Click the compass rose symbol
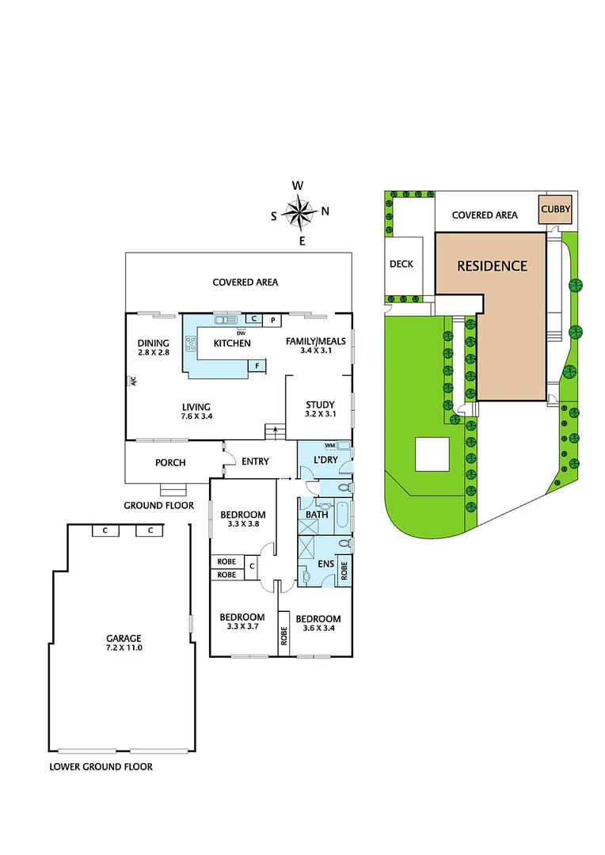pyautogui.click(x=300, y=212)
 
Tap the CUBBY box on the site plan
pyautogui.click(x=555, y=210)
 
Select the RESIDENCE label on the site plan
pyautogui.click(x=492, y=266)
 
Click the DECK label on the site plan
pyautogui.click(x=401, y=264)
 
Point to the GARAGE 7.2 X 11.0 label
pyautogui.click(x=124, y=642)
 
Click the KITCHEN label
pyautogui.click(x=231, y=343)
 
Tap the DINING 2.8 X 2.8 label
pyautogui.click(x=154, y=348)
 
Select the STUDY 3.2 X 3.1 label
pyautogui.click(x=320, y=409)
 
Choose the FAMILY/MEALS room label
pyautogui.click(x=315, y=346)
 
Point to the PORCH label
pyautogui.click(x=170, y=462)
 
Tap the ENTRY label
pyautogui.click(x=255, y=462)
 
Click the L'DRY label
pyautogui.click(x=326, y=460)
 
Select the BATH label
pyautogui.click(x=317, y=515)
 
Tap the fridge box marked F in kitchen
pyautogui.click(x=257, y=365)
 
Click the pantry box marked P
pyautogui.click(x=272, y=320)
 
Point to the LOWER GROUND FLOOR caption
pyautogui.click(x=101, y=766)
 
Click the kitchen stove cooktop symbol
pyautogui.click(x=191, y=343)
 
